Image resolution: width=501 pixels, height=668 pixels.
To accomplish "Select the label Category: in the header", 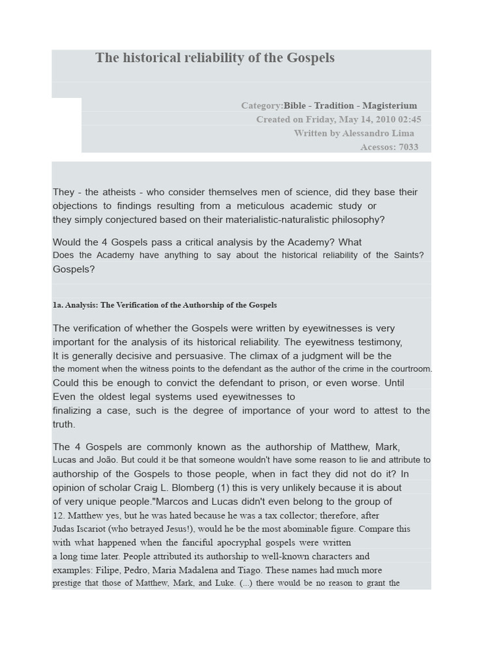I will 262,106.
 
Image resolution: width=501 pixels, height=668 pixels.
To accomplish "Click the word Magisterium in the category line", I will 389,106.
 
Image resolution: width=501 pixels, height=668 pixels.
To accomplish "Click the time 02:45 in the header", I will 408,119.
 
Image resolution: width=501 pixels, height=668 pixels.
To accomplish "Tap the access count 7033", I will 408,147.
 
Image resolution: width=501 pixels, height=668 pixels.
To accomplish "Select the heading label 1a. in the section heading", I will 58,305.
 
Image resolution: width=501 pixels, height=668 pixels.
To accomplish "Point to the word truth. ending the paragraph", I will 64,424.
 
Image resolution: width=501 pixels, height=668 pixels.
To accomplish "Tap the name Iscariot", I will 101,529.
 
